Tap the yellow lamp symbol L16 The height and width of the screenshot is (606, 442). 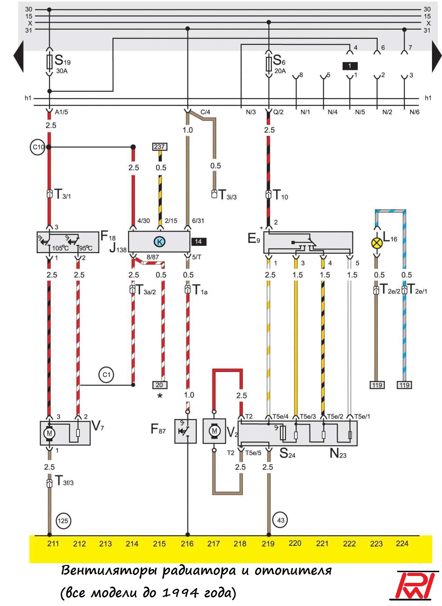376,243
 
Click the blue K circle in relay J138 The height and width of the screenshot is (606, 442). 160,242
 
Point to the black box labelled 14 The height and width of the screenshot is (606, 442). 198,242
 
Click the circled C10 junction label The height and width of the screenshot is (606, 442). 38,147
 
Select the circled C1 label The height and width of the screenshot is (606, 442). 106,375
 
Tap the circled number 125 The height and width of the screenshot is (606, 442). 63,521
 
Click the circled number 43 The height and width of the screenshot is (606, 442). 280,520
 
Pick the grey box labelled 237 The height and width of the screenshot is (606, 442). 160,147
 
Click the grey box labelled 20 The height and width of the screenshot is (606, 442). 159,385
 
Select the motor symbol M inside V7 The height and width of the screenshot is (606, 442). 49,433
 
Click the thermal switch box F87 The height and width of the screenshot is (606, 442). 186,431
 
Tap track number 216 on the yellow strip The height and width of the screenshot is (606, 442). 187,544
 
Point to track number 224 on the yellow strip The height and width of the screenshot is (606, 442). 402,544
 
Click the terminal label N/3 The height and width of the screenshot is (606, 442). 251,112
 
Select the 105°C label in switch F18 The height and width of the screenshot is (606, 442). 60,248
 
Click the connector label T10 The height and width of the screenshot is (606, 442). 280,195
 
